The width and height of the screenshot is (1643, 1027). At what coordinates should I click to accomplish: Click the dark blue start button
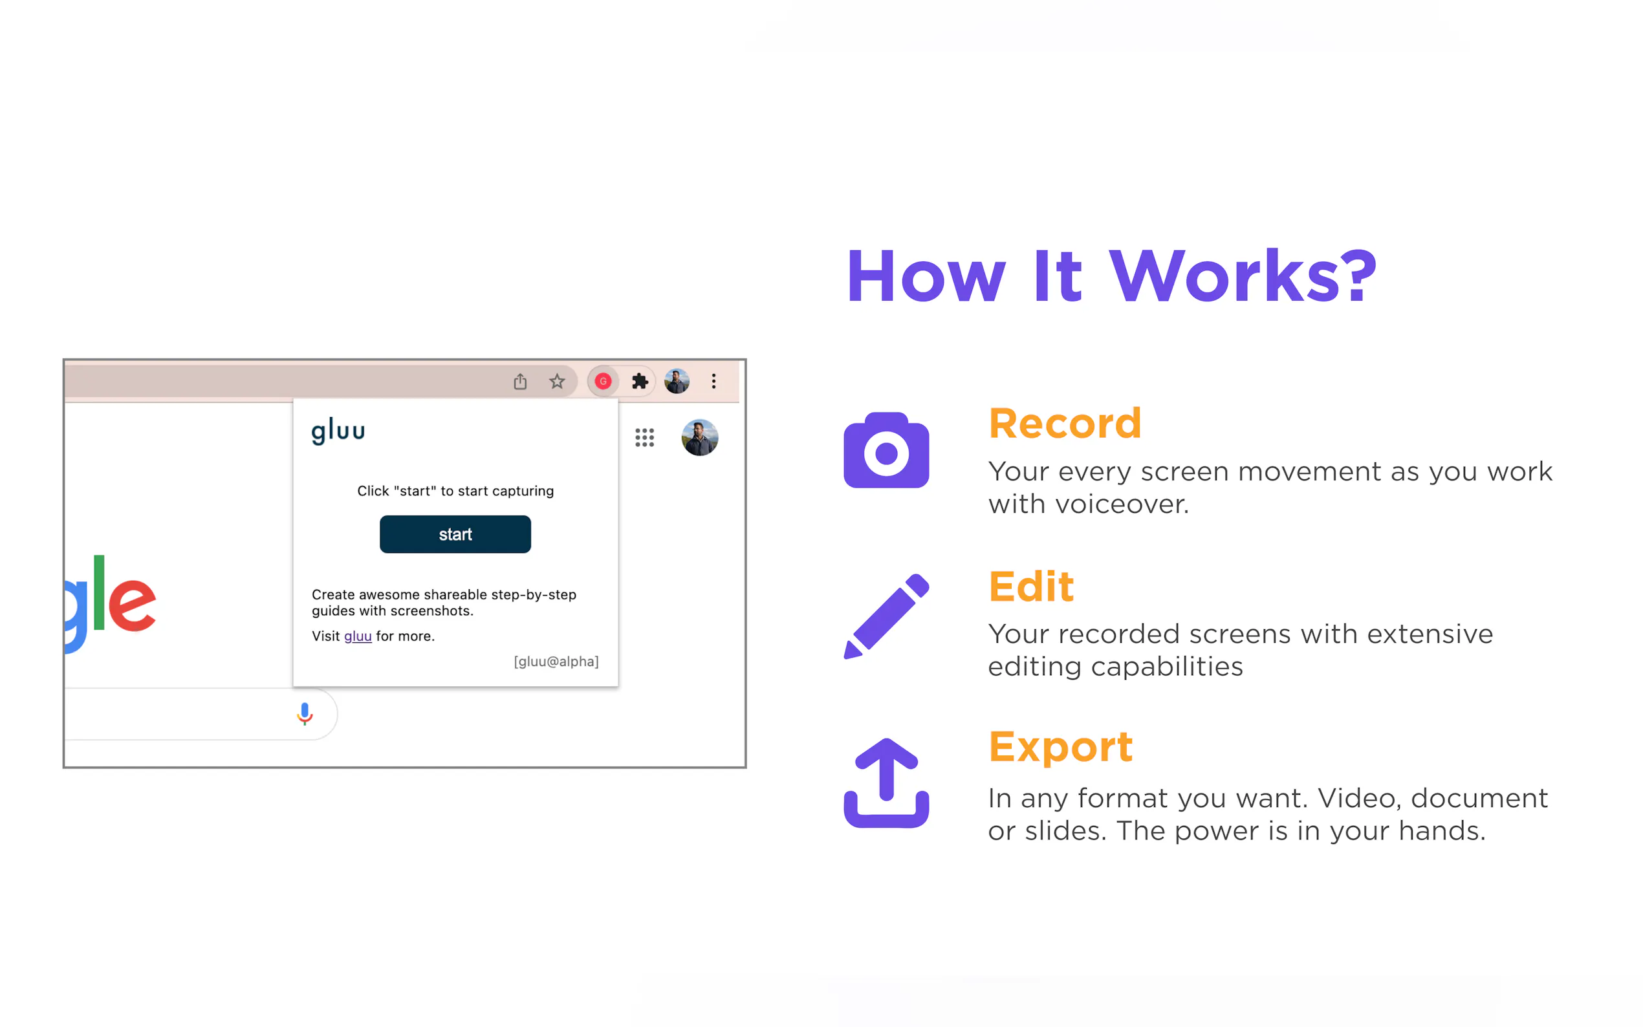click(455, 534)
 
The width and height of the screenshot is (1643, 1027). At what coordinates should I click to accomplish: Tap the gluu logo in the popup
click(338, 431)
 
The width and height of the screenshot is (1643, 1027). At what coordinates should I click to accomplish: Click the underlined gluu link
click(358, 636)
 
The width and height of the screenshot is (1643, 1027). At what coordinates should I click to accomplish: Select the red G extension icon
click(602, 381)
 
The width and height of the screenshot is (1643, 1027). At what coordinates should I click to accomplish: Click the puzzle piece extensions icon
click(640, 381)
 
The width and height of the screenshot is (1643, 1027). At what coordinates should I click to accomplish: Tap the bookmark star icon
click(557, 381)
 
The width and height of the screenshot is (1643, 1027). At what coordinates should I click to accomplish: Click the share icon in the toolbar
click(520, 381)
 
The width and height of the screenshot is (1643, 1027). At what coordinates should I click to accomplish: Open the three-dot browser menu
click(714, 381)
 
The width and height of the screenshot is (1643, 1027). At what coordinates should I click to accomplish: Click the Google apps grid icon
click(644, 437)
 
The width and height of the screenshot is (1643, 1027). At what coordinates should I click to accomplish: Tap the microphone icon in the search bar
click(305, 714)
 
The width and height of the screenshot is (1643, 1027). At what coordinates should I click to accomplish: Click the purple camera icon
click(886, 449)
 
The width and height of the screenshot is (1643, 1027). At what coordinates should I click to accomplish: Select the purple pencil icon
click(886, 616)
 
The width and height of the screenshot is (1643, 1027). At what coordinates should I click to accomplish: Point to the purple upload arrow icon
click(886, 783)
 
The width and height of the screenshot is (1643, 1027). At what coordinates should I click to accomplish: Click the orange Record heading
click(1065, 423)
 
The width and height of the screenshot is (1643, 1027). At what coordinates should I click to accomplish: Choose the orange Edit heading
click(1031, 586)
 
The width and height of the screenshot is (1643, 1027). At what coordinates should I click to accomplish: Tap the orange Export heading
click(1061, 747)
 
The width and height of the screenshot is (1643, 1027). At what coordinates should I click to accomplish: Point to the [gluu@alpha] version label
click(556, 662)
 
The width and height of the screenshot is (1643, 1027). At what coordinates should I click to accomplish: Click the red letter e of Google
click(133, 605)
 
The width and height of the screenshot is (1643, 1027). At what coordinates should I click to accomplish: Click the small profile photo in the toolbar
click(677, 381)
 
